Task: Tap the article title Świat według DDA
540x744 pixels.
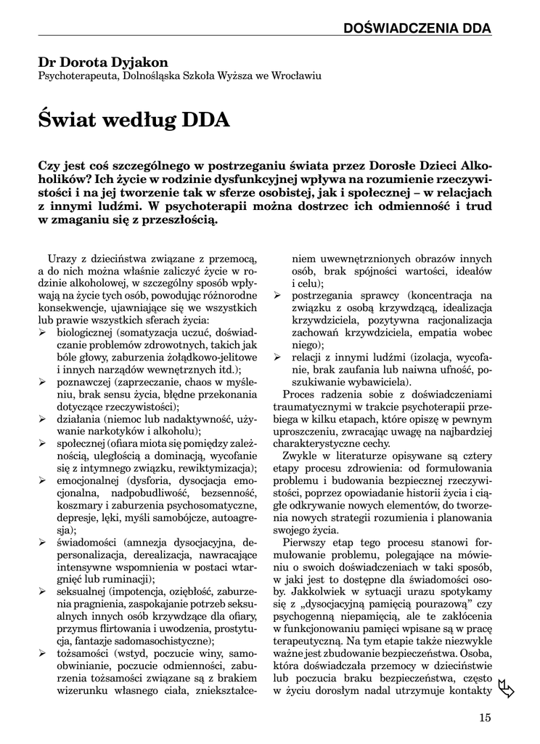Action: click(134, 119)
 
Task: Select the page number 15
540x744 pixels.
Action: click(485, 718)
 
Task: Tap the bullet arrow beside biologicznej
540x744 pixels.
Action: click(43, 332)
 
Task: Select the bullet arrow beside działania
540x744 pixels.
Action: click(43, 419)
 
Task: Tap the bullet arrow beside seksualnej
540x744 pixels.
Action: click(43, 592)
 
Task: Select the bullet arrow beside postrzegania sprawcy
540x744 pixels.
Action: click(277, 296)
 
